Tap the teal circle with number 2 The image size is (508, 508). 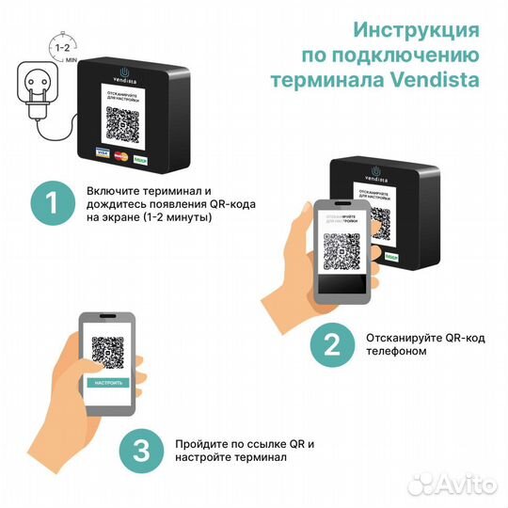[x=331, y=343]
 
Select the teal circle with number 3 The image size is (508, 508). [x=141, y=451]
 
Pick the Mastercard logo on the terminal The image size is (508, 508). [x=119, y=153]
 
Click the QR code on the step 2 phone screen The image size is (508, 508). [x=341, y=252]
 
